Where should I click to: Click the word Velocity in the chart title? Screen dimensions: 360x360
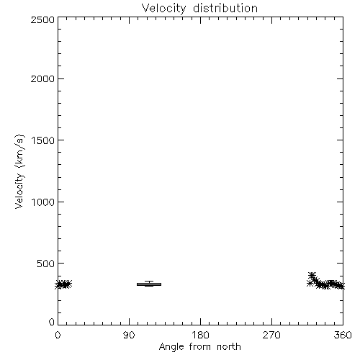click(x=164, y=9)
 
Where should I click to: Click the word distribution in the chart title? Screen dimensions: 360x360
click(x=225, y=8)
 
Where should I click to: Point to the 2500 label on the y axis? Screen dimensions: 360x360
click(x=42, y=19)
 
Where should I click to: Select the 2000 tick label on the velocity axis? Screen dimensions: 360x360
click(x=42, y=78)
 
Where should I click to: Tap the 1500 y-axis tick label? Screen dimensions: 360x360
click(x=43, y=140)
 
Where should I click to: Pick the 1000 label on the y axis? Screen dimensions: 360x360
click(x=43, y=202)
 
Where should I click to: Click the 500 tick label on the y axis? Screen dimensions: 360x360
click(x=46, y=264)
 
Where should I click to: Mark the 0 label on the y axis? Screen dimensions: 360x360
click(x=52, y=322)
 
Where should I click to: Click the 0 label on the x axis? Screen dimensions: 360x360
click(x=58, y=335)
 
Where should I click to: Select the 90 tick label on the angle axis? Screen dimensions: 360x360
click(x=129, y=335)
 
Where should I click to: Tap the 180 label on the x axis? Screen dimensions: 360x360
click(x=200, y=335)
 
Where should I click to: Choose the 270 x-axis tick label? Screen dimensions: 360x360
click(x=271, y=335)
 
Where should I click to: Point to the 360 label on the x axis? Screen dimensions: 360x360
click(x=343, y=335)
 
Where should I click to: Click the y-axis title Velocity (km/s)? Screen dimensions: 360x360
click(x=19, y=172)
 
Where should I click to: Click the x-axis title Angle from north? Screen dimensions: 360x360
click(x=200, y=347)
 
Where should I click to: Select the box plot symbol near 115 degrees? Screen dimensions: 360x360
click(x=149, y=284)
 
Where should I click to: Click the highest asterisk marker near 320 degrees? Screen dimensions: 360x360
click(x=312, y=275)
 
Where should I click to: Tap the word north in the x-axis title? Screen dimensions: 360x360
click(x=229, y=346)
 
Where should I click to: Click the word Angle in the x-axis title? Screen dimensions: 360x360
click(x=171, y=347)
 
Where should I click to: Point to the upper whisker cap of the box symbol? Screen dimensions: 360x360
click(x=149, y=282)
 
